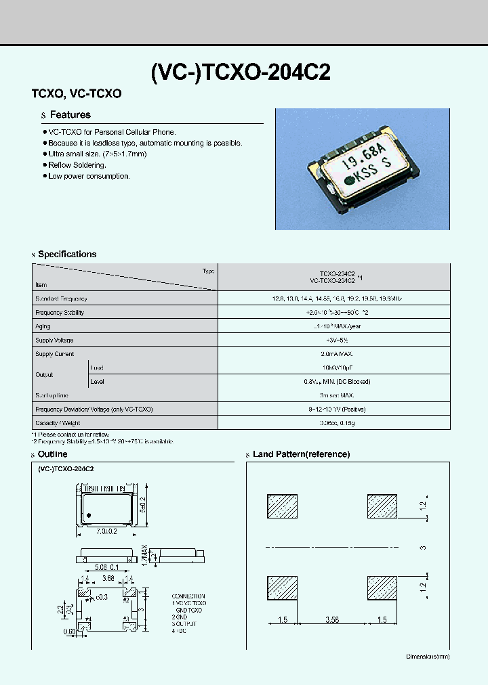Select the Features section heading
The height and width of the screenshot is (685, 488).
tap(70, 115)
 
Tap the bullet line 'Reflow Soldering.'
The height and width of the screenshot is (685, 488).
tap(77, 165)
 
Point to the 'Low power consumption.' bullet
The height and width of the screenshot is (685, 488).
tap(89, 176)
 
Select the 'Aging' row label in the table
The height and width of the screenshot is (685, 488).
tap(43, 326)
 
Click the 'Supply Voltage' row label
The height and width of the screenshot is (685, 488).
tap(54, 340)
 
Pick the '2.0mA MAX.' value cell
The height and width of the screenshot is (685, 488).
tap(334, 354)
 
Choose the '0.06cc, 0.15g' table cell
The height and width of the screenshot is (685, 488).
tap(334, 423)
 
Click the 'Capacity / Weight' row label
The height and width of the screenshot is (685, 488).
tap(58, 423)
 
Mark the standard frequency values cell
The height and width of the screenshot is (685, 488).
tap(334, 299)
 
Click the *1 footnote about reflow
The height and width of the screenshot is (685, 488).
tap(70, 434)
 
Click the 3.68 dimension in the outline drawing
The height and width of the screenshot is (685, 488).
tap(107, 578)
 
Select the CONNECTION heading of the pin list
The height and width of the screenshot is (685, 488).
tap(188, 596)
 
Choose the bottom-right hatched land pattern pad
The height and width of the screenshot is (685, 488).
tap(381, 587)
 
